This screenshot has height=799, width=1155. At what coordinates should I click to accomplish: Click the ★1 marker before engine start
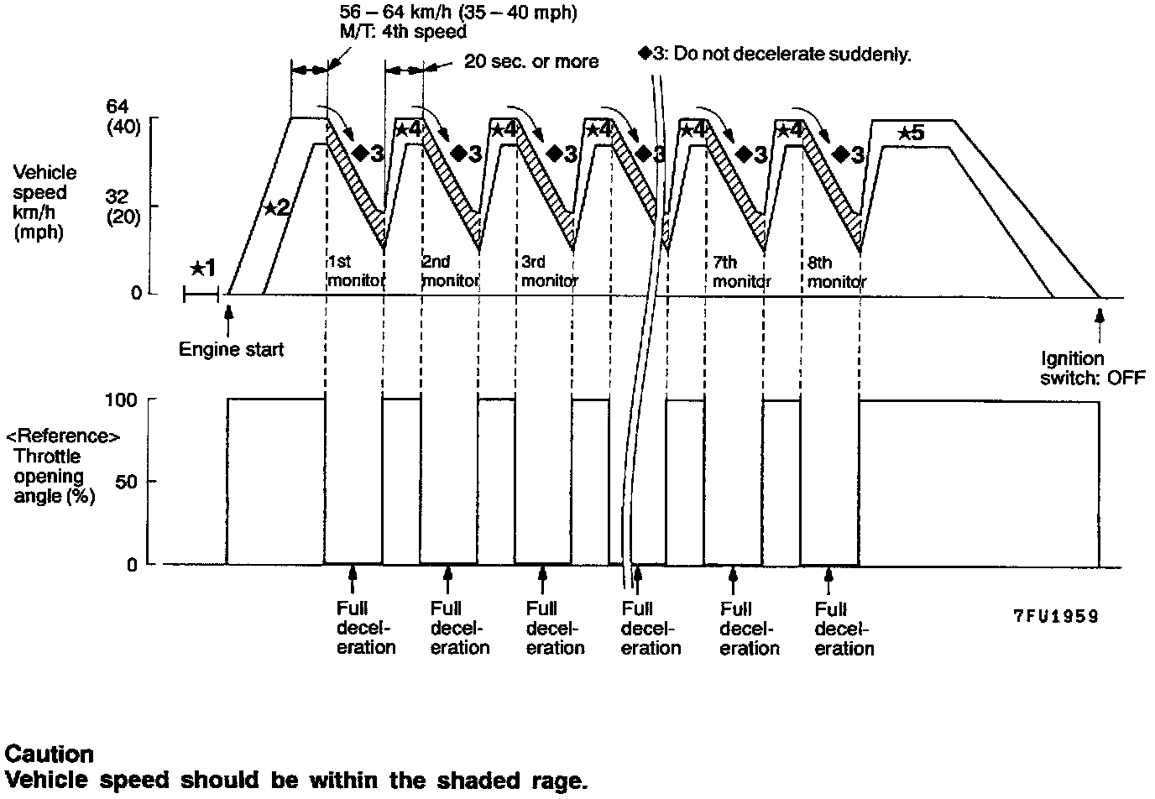(x=203, y=268)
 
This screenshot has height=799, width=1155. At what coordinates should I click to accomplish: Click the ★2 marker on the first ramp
(x=277, y=207)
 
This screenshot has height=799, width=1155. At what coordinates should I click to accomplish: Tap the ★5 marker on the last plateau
(x=910, y=133)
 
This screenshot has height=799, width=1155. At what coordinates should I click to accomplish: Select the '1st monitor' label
(x=355, y=271)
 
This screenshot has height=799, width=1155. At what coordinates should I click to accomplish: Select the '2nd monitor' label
(x=450, y=271)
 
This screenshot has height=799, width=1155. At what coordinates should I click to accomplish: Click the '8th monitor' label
(x=836, y=271)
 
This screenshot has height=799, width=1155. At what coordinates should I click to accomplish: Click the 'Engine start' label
(x=232, y=349)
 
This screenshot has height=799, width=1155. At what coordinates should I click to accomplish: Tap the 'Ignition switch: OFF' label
(x=1092, y=368)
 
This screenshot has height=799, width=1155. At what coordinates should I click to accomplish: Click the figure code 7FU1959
(x=1055, y=617)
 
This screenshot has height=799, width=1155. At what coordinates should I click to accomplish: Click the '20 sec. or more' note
(x=531, y=61)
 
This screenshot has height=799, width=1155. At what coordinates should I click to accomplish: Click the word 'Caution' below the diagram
(x=49, y=753)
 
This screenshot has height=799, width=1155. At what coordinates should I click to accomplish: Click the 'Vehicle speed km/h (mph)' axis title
(x=44, y=201)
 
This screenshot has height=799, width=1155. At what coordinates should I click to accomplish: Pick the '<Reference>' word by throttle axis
(x=63, y=436)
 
